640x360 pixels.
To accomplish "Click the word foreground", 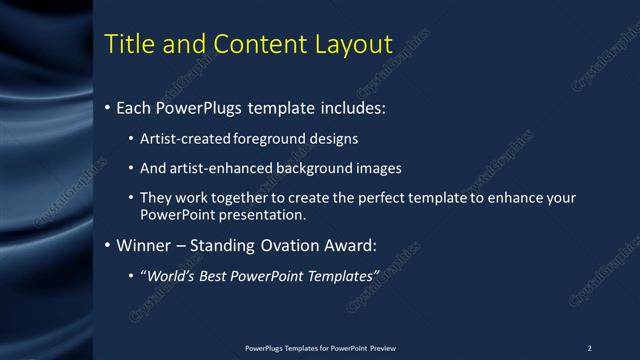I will coord(272,138).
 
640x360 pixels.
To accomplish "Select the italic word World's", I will coord(171,276).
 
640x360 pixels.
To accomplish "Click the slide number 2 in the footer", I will coord(589,348).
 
